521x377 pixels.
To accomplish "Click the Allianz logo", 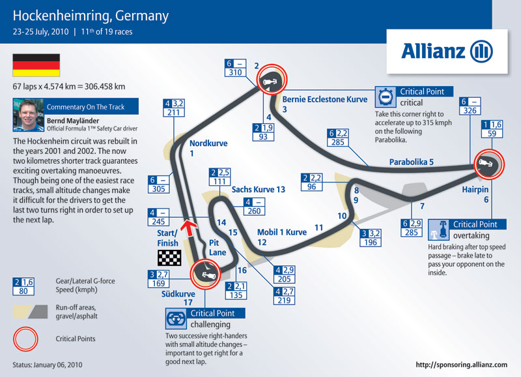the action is tap(447, 52).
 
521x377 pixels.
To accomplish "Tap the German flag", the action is tap(36, 65).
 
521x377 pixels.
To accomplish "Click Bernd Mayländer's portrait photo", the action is tap(28, 115).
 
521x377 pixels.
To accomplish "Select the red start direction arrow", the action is tap(189, 227).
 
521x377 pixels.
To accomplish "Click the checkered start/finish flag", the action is tap(169, 258).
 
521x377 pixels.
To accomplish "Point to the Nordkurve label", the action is tap(208, 143).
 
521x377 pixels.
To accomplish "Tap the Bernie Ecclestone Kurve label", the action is tap(324, 100).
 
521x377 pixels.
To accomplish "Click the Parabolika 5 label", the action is tap(412, 162).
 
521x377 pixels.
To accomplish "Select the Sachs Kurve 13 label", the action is tap(258, 190).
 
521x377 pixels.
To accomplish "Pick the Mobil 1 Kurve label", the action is tap(282, 232).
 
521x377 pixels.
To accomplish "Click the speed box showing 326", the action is tap(470, 106).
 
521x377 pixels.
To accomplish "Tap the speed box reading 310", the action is tap(235, 68).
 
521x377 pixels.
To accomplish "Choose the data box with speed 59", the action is tap(492, 129).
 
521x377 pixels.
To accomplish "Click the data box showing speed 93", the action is tap(263, 132).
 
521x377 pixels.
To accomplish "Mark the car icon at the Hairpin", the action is tap(485, 163).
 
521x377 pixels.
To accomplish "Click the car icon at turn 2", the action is tap(270, 82).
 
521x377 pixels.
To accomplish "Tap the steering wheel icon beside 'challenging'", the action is tap(176, 319).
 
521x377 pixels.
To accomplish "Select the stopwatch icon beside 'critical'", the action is tap(386, 97).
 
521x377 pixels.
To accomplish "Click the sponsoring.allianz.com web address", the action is tap(462, 365).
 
